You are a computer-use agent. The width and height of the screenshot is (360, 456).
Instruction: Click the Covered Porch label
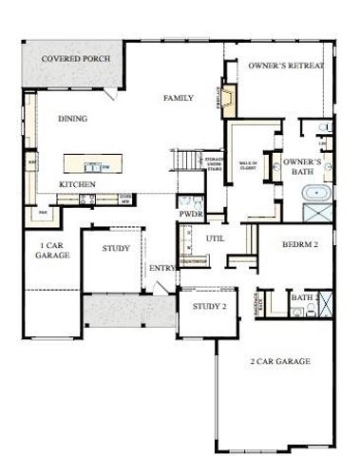75,60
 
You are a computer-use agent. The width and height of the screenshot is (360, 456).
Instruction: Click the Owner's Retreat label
286,66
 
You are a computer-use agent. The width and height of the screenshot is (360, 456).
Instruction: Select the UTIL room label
215,237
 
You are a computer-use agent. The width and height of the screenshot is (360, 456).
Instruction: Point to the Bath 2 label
301,297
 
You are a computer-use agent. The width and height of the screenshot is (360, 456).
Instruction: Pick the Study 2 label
209,307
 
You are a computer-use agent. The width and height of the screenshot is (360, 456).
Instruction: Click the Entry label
161,269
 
